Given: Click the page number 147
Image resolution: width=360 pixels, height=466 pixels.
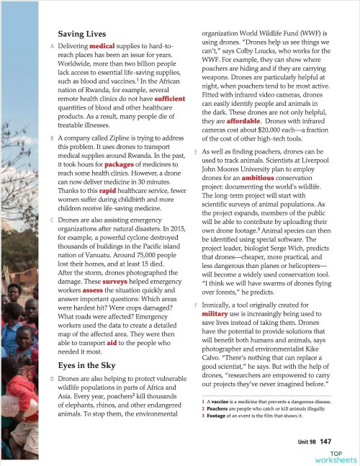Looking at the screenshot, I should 325,440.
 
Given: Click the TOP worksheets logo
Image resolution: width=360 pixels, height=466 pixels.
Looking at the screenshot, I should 332,455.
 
